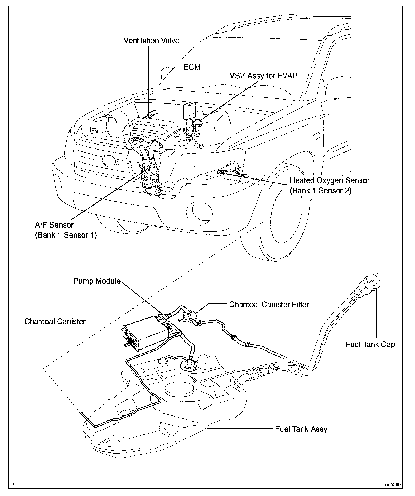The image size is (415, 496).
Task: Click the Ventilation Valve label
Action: point(151,41)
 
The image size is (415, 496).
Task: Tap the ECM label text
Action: point(192,67)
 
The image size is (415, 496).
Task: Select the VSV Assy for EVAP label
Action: point(264,76)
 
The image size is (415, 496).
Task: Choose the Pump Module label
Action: point(97,281)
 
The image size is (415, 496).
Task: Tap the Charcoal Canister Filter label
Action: point(269,305)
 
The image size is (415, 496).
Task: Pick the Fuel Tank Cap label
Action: point(370,345)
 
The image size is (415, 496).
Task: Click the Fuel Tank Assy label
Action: point(301,429)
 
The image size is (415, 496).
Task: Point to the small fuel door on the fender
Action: point(317,136)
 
